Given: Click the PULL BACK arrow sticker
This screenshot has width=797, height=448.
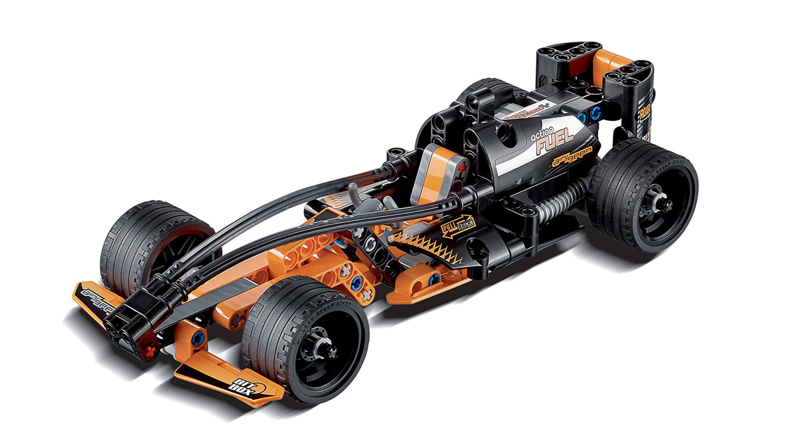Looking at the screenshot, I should pyautogui.click(x=457, y=227).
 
